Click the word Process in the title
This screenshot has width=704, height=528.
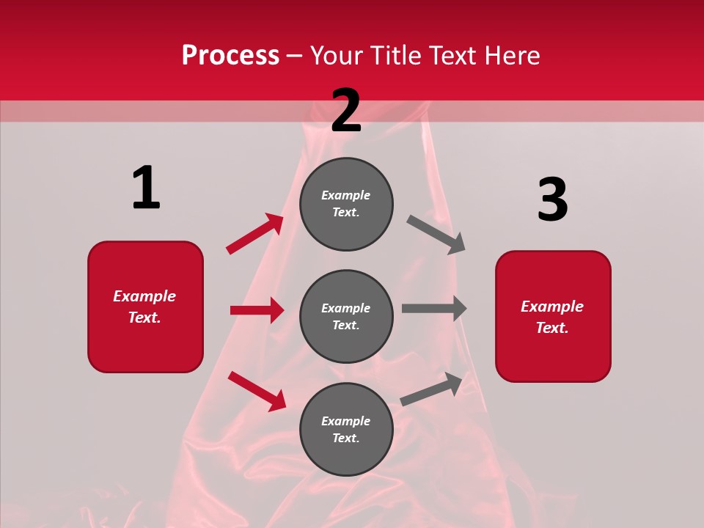coord(230,56)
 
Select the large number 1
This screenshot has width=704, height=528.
coord(146,188)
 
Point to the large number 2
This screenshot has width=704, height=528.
coord(346,111)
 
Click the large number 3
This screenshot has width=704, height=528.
coord(552,199)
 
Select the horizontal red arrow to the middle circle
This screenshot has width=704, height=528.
coord(257,310)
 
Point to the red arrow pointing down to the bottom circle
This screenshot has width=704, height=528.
coord(257,391)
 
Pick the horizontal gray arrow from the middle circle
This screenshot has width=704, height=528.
coord(434,308)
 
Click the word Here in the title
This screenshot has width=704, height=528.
coord(511,56)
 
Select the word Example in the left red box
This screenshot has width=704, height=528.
coord(144,296)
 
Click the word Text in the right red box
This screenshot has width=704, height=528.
coord(551,328)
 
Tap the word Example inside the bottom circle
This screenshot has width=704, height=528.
coord(346,421)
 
